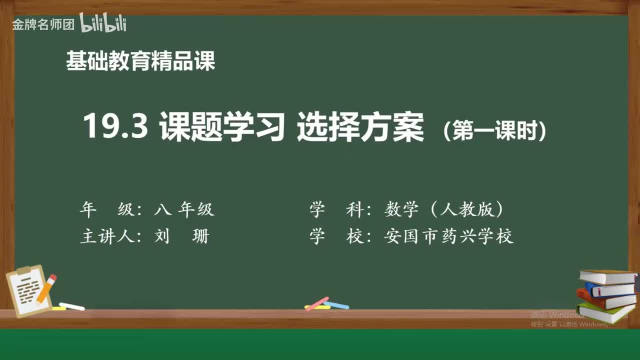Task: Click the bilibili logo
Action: click(x=103, y=23)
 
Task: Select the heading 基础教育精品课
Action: click(x=140, y=61)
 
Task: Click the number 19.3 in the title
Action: click(x=115, y=126)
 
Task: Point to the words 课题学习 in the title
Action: click(x=222, y=126)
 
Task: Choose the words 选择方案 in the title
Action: click(x=360, y=126)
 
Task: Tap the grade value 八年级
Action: click(x=184, y=209)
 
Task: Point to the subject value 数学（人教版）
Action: click(x=444, y=209)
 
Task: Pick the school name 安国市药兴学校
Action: click(x=449, y=235)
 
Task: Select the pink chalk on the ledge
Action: click(x=317, y=303)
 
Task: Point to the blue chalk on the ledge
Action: click(x=337, y=304)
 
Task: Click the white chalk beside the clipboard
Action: click(x=72, y=306)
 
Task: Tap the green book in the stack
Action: click(x=605, y=312)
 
